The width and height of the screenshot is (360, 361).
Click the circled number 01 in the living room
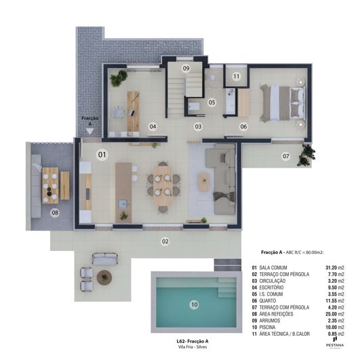[x=102, y=155]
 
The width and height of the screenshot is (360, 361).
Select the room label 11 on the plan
[x=236, y=77]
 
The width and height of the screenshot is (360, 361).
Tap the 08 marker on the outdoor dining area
[x=55, y=213]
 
